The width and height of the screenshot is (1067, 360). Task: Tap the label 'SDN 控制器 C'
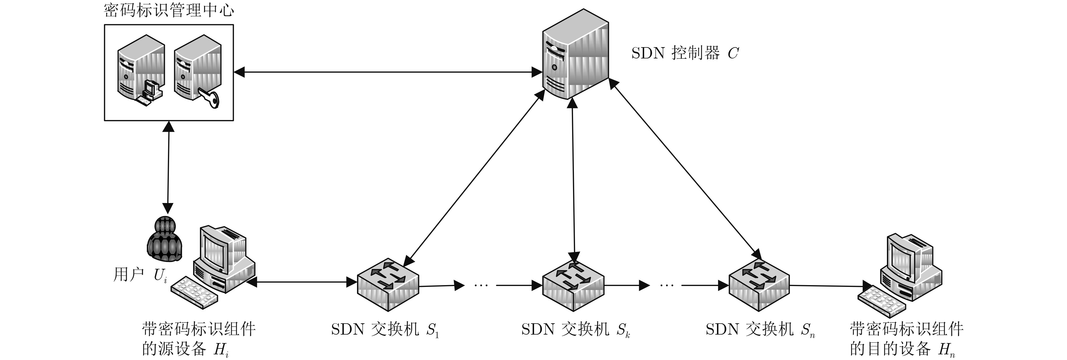(685, 53)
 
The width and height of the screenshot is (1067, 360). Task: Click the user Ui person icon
(165, 239)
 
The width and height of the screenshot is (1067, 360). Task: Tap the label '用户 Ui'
(140, 275)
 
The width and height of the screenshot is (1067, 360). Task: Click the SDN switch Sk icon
(573, 285)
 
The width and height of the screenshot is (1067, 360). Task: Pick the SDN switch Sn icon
(759, 285)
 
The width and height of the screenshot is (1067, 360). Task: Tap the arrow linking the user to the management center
(168, 168)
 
